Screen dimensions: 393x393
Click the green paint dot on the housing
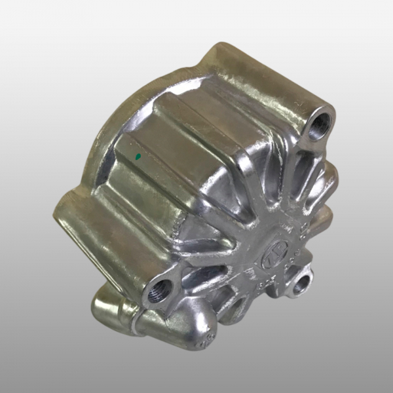138,157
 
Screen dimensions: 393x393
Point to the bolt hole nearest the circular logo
302,284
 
